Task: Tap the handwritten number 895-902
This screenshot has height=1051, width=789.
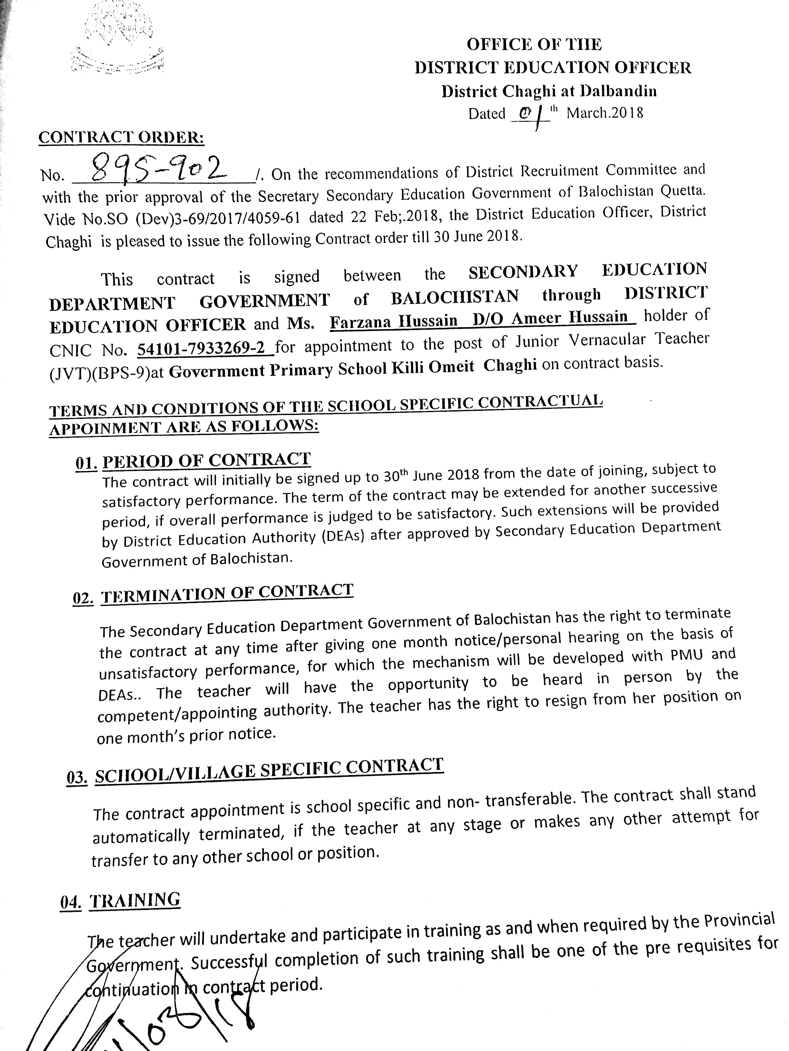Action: (159, 169)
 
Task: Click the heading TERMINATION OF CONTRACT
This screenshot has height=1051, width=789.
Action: (227, 593)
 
